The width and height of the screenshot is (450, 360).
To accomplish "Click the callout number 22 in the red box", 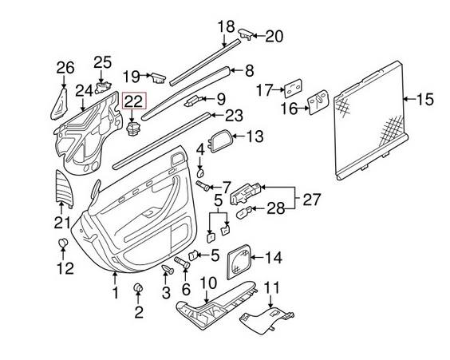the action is coord(134,101).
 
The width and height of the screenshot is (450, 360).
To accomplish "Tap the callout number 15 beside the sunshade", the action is coord(424,99).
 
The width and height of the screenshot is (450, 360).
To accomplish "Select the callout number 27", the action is coord(312,200).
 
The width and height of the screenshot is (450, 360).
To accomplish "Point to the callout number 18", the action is coord(226,26).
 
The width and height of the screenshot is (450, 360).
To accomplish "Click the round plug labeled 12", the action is coord(63,243).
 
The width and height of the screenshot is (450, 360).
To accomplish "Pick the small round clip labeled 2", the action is coord(139,287).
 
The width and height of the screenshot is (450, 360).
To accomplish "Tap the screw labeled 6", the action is coord(182,263).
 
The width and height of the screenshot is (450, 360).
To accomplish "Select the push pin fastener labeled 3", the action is coord(168,269).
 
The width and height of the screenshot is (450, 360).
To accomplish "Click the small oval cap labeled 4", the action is coord(200,172).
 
